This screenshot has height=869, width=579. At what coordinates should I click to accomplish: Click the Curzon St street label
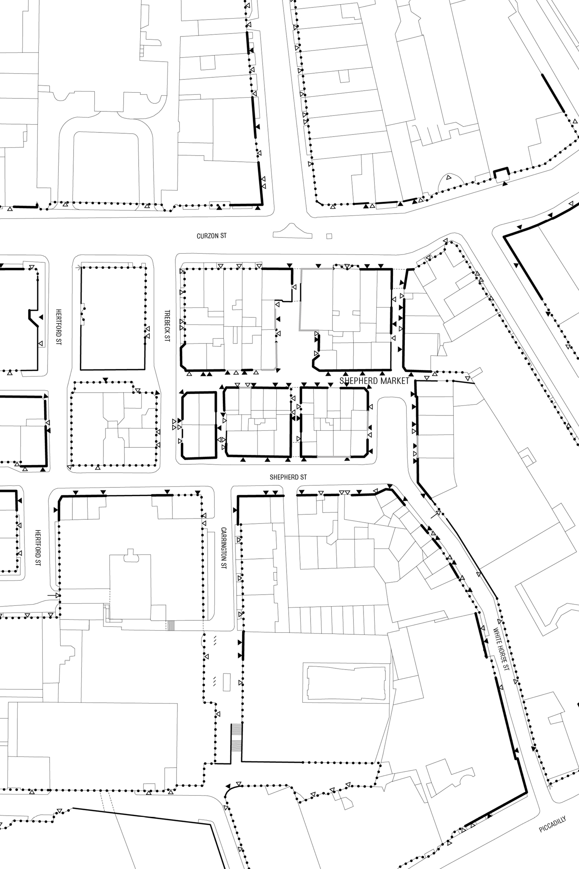click(211, 236)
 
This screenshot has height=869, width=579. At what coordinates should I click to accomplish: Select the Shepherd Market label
click(374, 381)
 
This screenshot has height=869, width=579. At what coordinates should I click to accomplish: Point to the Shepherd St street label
click(288, 477)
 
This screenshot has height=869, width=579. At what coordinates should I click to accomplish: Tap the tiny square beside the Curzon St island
click(329, 236)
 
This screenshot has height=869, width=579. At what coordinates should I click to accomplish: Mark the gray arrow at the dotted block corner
click(78, 268)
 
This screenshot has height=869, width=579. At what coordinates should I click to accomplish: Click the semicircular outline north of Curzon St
click(449, 178)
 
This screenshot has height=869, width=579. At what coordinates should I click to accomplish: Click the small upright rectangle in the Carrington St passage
click(226, 682)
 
